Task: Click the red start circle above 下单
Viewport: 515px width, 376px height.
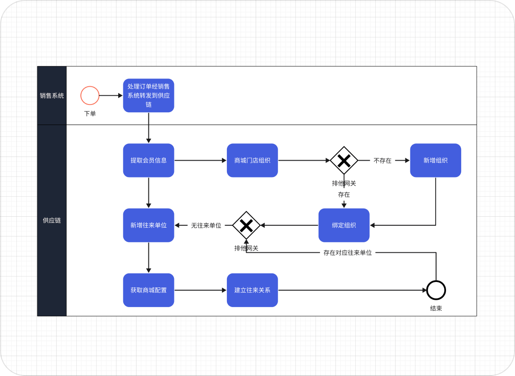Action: coord(90,96)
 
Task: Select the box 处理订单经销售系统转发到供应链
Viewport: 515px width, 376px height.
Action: coord(148,96)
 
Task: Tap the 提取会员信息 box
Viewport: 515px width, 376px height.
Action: coord(148,161)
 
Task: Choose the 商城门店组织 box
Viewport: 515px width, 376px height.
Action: coord(252,161)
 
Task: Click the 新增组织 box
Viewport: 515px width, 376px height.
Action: coord(435,161)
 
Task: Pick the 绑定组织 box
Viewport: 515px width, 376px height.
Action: coord(344,225)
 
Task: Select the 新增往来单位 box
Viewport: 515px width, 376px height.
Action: coord(148,225)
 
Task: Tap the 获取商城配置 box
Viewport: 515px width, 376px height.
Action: coord(148,290)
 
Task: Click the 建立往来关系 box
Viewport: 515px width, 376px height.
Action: coord(252,290)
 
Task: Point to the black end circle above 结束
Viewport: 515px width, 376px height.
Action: coord(436,290)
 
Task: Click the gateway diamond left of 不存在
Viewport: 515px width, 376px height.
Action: coord(344,161)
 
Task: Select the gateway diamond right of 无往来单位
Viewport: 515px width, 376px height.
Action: coord(246,225)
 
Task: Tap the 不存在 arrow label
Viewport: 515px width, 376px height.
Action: coord(383,161)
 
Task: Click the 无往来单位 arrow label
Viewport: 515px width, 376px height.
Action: coord(206,225)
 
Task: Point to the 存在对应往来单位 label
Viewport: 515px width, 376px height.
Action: coord(347,253)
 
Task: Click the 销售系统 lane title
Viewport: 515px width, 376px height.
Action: coord(52,96)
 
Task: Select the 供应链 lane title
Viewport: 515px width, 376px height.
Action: coord(52,220)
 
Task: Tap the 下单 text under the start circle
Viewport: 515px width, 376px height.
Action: coord(90,114)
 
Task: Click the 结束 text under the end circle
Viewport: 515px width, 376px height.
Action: coord(436,308)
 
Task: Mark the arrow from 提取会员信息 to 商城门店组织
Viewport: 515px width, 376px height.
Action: coord(200,161)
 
